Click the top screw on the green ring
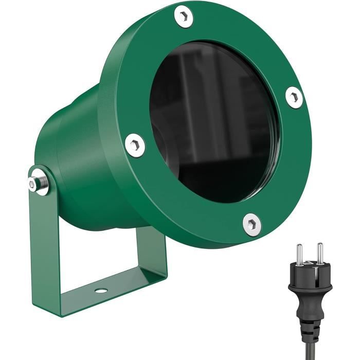click(x=183, y=16)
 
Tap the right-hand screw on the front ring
click(x=294, y=96)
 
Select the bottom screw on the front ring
click(x=251, y=224)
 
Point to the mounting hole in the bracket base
click(x=101, y=291)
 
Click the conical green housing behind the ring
click(x=82, y=154)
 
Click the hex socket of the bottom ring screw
click(x=251, y=224)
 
